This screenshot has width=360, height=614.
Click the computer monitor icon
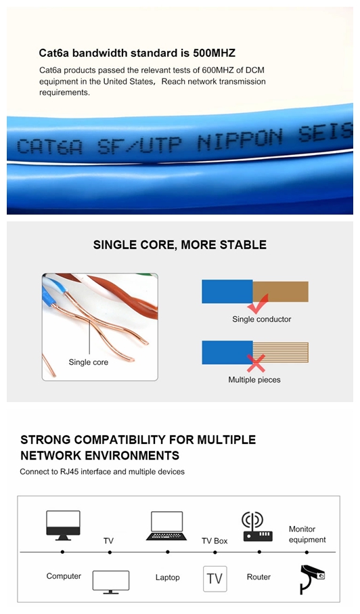coord(63,525)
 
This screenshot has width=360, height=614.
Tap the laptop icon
coord(166,526)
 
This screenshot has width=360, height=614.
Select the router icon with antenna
coord(257,527)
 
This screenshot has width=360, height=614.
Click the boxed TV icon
coord(215,579)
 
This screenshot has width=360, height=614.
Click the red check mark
coord(258,304)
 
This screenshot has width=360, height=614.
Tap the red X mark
coord(256,364)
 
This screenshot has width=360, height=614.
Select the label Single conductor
coord(261,319)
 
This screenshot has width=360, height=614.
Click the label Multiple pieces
coord(254,380)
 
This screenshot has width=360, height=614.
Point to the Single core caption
coord(89,362)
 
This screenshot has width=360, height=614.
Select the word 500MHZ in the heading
coord(214,53)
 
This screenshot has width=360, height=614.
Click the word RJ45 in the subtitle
coord(69,471)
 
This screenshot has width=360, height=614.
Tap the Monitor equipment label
coord(307,534)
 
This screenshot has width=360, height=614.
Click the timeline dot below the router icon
coord(259,552)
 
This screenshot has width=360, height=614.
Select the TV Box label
coord(215,541)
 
